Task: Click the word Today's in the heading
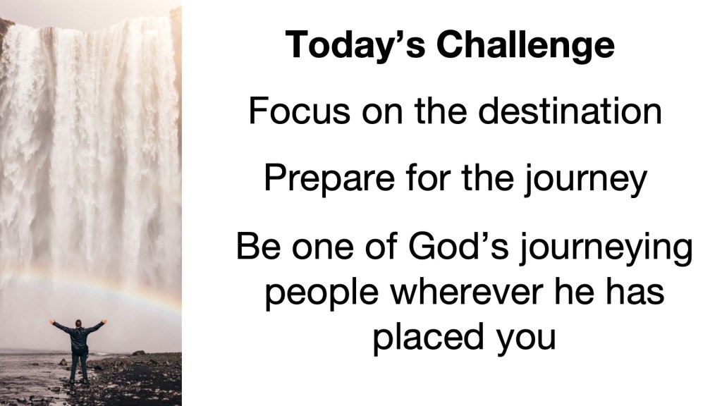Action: tap(355, 45)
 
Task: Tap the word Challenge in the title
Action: tap(525, 45)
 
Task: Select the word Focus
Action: tap(299, 111)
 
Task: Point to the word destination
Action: tap(570, 111)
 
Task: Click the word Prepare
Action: tap(329, 178)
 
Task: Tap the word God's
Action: tap(458, 245)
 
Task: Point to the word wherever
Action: tap(467, 291)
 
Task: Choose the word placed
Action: tap(429, 338)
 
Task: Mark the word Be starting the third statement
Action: tap(259, 245)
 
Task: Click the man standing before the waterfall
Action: tap(78, 350)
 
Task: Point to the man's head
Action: tap(78, 323)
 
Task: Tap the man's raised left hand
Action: tap(104, 321)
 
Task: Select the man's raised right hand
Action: tap(51, 321)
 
